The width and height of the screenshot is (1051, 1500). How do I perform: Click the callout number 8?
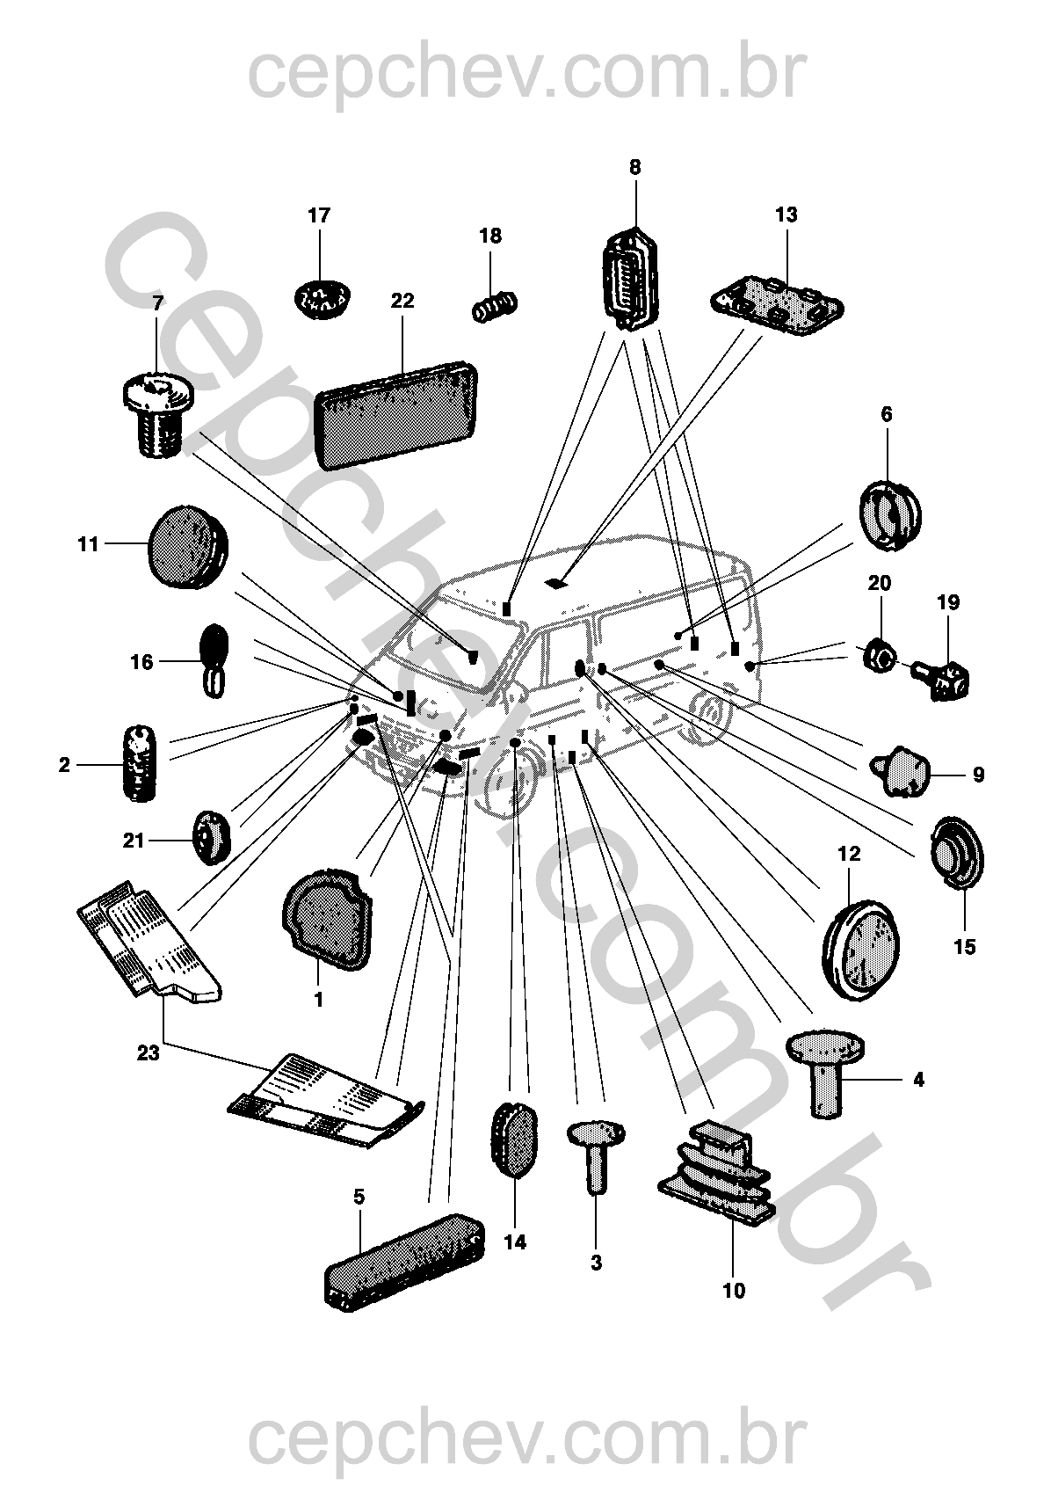[635, 167]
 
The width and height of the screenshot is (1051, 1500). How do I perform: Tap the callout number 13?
[786, 215]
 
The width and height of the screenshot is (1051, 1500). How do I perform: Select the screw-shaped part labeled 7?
[156, 413]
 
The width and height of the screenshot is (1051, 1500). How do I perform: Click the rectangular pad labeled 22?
[397, 413]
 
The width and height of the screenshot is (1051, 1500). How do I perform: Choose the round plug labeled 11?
[186, 545]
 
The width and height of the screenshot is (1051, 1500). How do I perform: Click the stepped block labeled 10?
[716, 1174]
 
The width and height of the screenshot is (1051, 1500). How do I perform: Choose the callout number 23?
[148, 1052]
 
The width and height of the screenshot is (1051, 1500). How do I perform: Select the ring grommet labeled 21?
[211, 839]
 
